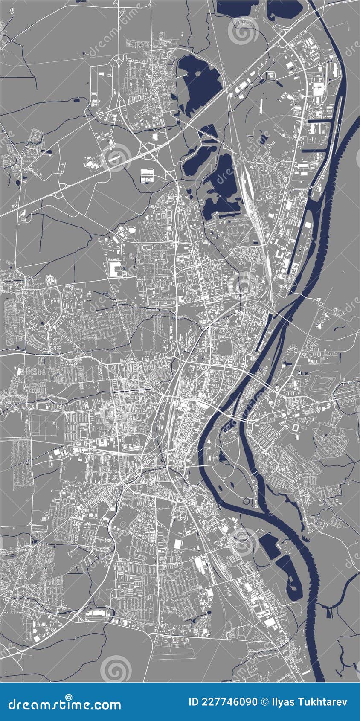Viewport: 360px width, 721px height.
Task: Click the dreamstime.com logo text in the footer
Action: (65, 704)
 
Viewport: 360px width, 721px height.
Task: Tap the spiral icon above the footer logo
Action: (116, 669)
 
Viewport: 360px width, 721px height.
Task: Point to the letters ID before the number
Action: (194, 702)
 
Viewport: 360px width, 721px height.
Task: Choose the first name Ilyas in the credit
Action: (283, 702)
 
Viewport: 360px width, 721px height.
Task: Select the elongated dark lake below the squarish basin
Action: (290, 574)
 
